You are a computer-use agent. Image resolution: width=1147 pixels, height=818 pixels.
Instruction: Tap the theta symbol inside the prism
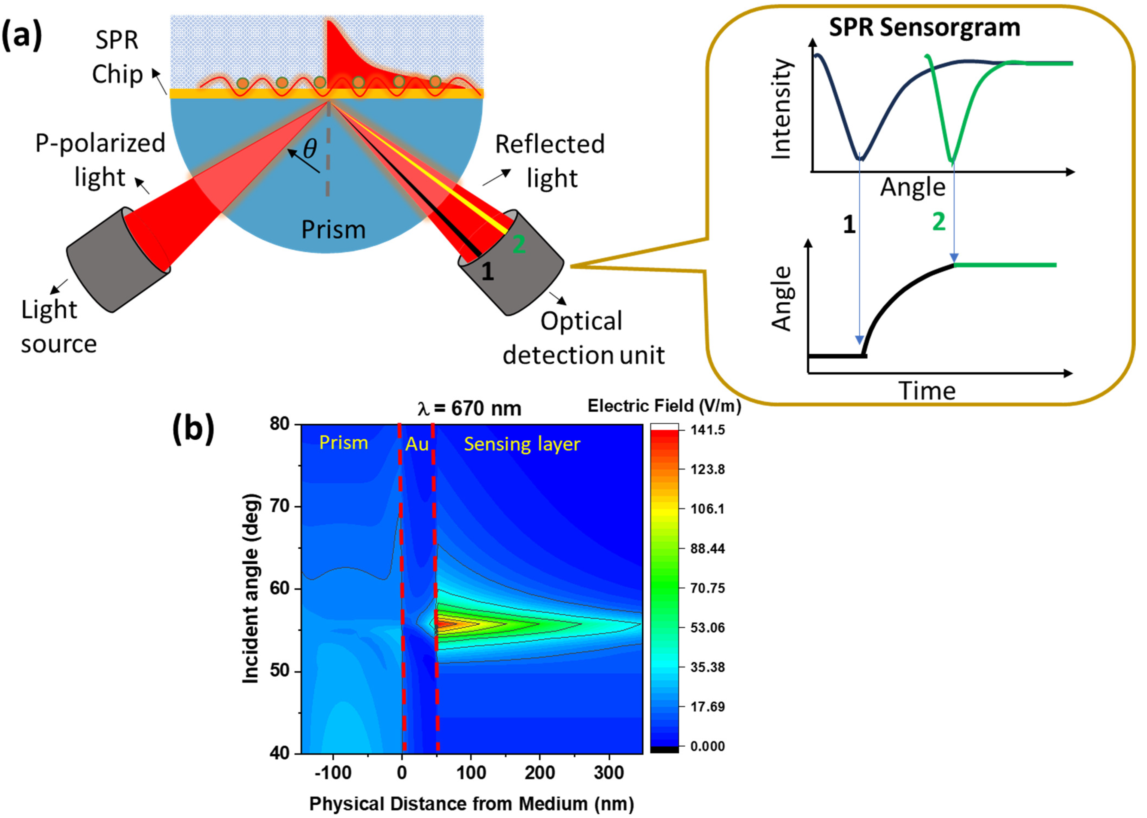pos(310,148)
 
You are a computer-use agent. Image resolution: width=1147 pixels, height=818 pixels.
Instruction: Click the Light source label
pos(58,326)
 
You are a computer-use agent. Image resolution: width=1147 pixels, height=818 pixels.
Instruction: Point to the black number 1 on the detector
pos(487,271)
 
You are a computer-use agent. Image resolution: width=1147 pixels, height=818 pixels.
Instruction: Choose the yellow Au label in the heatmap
pos(417,444)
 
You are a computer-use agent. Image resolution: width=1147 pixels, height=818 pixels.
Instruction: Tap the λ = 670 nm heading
pos(470,409)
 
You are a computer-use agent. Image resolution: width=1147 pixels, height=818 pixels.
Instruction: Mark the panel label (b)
pos(193,429)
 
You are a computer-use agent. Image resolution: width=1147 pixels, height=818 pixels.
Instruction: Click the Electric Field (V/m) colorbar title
pos(664,406)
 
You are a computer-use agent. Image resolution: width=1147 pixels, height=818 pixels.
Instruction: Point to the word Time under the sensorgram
pos(927,391)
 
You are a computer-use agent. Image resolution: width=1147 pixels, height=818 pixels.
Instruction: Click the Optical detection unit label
pos(583,337)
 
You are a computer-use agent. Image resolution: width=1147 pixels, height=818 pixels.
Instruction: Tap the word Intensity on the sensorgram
pos(782,109)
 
